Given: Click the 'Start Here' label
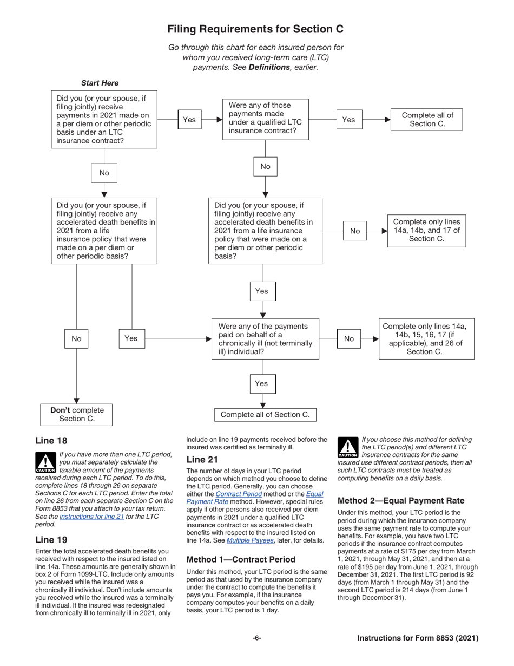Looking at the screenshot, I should [100, 83].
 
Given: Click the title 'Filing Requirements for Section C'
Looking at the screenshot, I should [255, 29].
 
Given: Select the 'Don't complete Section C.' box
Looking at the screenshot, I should [76, 414].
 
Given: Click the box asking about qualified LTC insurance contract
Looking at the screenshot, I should [265, 119].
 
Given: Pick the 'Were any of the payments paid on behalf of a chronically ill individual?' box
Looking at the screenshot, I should [265, 339].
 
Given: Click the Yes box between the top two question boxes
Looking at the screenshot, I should [189, 120].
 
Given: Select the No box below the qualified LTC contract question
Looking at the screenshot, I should [265, 166].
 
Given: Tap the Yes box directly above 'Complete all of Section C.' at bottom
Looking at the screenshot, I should [261, 383].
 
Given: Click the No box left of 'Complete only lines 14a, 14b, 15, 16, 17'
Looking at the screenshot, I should [349, 339].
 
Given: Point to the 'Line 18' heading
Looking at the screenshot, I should [51, 441].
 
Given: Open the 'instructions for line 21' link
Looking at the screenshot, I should [91, 517].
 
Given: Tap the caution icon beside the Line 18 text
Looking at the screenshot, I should [45, 462].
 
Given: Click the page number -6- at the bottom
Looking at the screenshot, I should [257, 638].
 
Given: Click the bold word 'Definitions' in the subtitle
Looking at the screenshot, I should [269, 67].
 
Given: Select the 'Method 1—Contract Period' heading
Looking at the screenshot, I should [241, 559].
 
